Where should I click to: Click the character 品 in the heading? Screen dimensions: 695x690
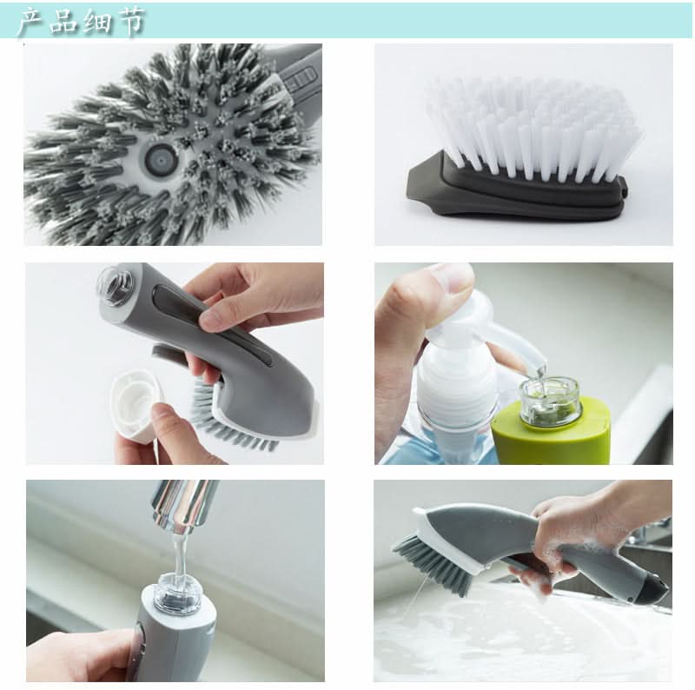(x=63, y=21)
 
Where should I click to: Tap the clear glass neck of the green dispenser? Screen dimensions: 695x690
(x=550, y=401)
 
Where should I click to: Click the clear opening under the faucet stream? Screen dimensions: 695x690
(x=177, y=592)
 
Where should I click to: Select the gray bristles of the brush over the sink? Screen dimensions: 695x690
(x=434, y=563)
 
